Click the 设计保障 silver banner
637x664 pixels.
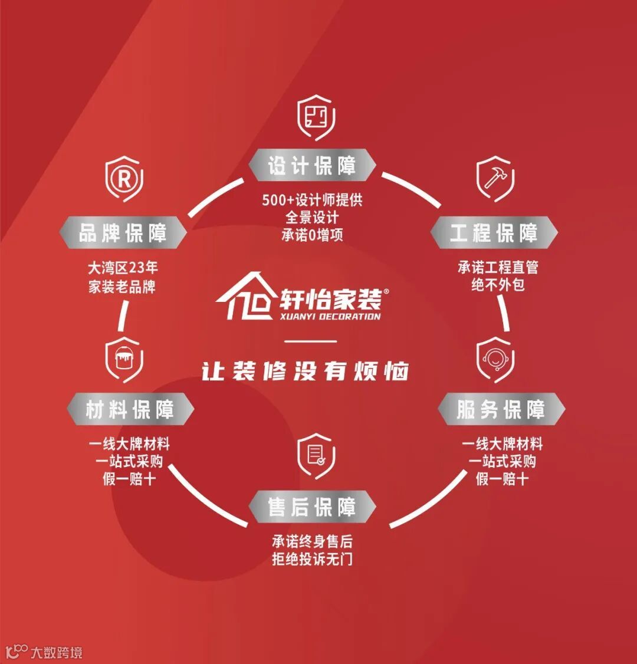pos(312,166)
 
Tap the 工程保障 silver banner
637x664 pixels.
pos(494,233)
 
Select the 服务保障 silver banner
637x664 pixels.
pos(501,410)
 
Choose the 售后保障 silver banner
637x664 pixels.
pos(312,507)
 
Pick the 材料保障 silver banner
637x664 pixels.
pos(130,409)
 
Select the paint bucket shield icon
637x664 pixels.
pos(124,358)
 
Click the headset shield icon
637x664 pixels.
pos(495,359)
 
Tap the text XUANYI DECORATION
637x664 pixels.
pos(331,316)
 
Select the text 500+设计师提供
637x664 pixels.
pos(312,200)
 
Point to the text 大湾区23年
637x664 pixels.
pos(123,268)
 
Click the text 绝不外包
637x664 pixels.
pos(498,285)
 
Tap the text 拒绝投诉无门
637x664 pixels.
pos(312,559)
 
